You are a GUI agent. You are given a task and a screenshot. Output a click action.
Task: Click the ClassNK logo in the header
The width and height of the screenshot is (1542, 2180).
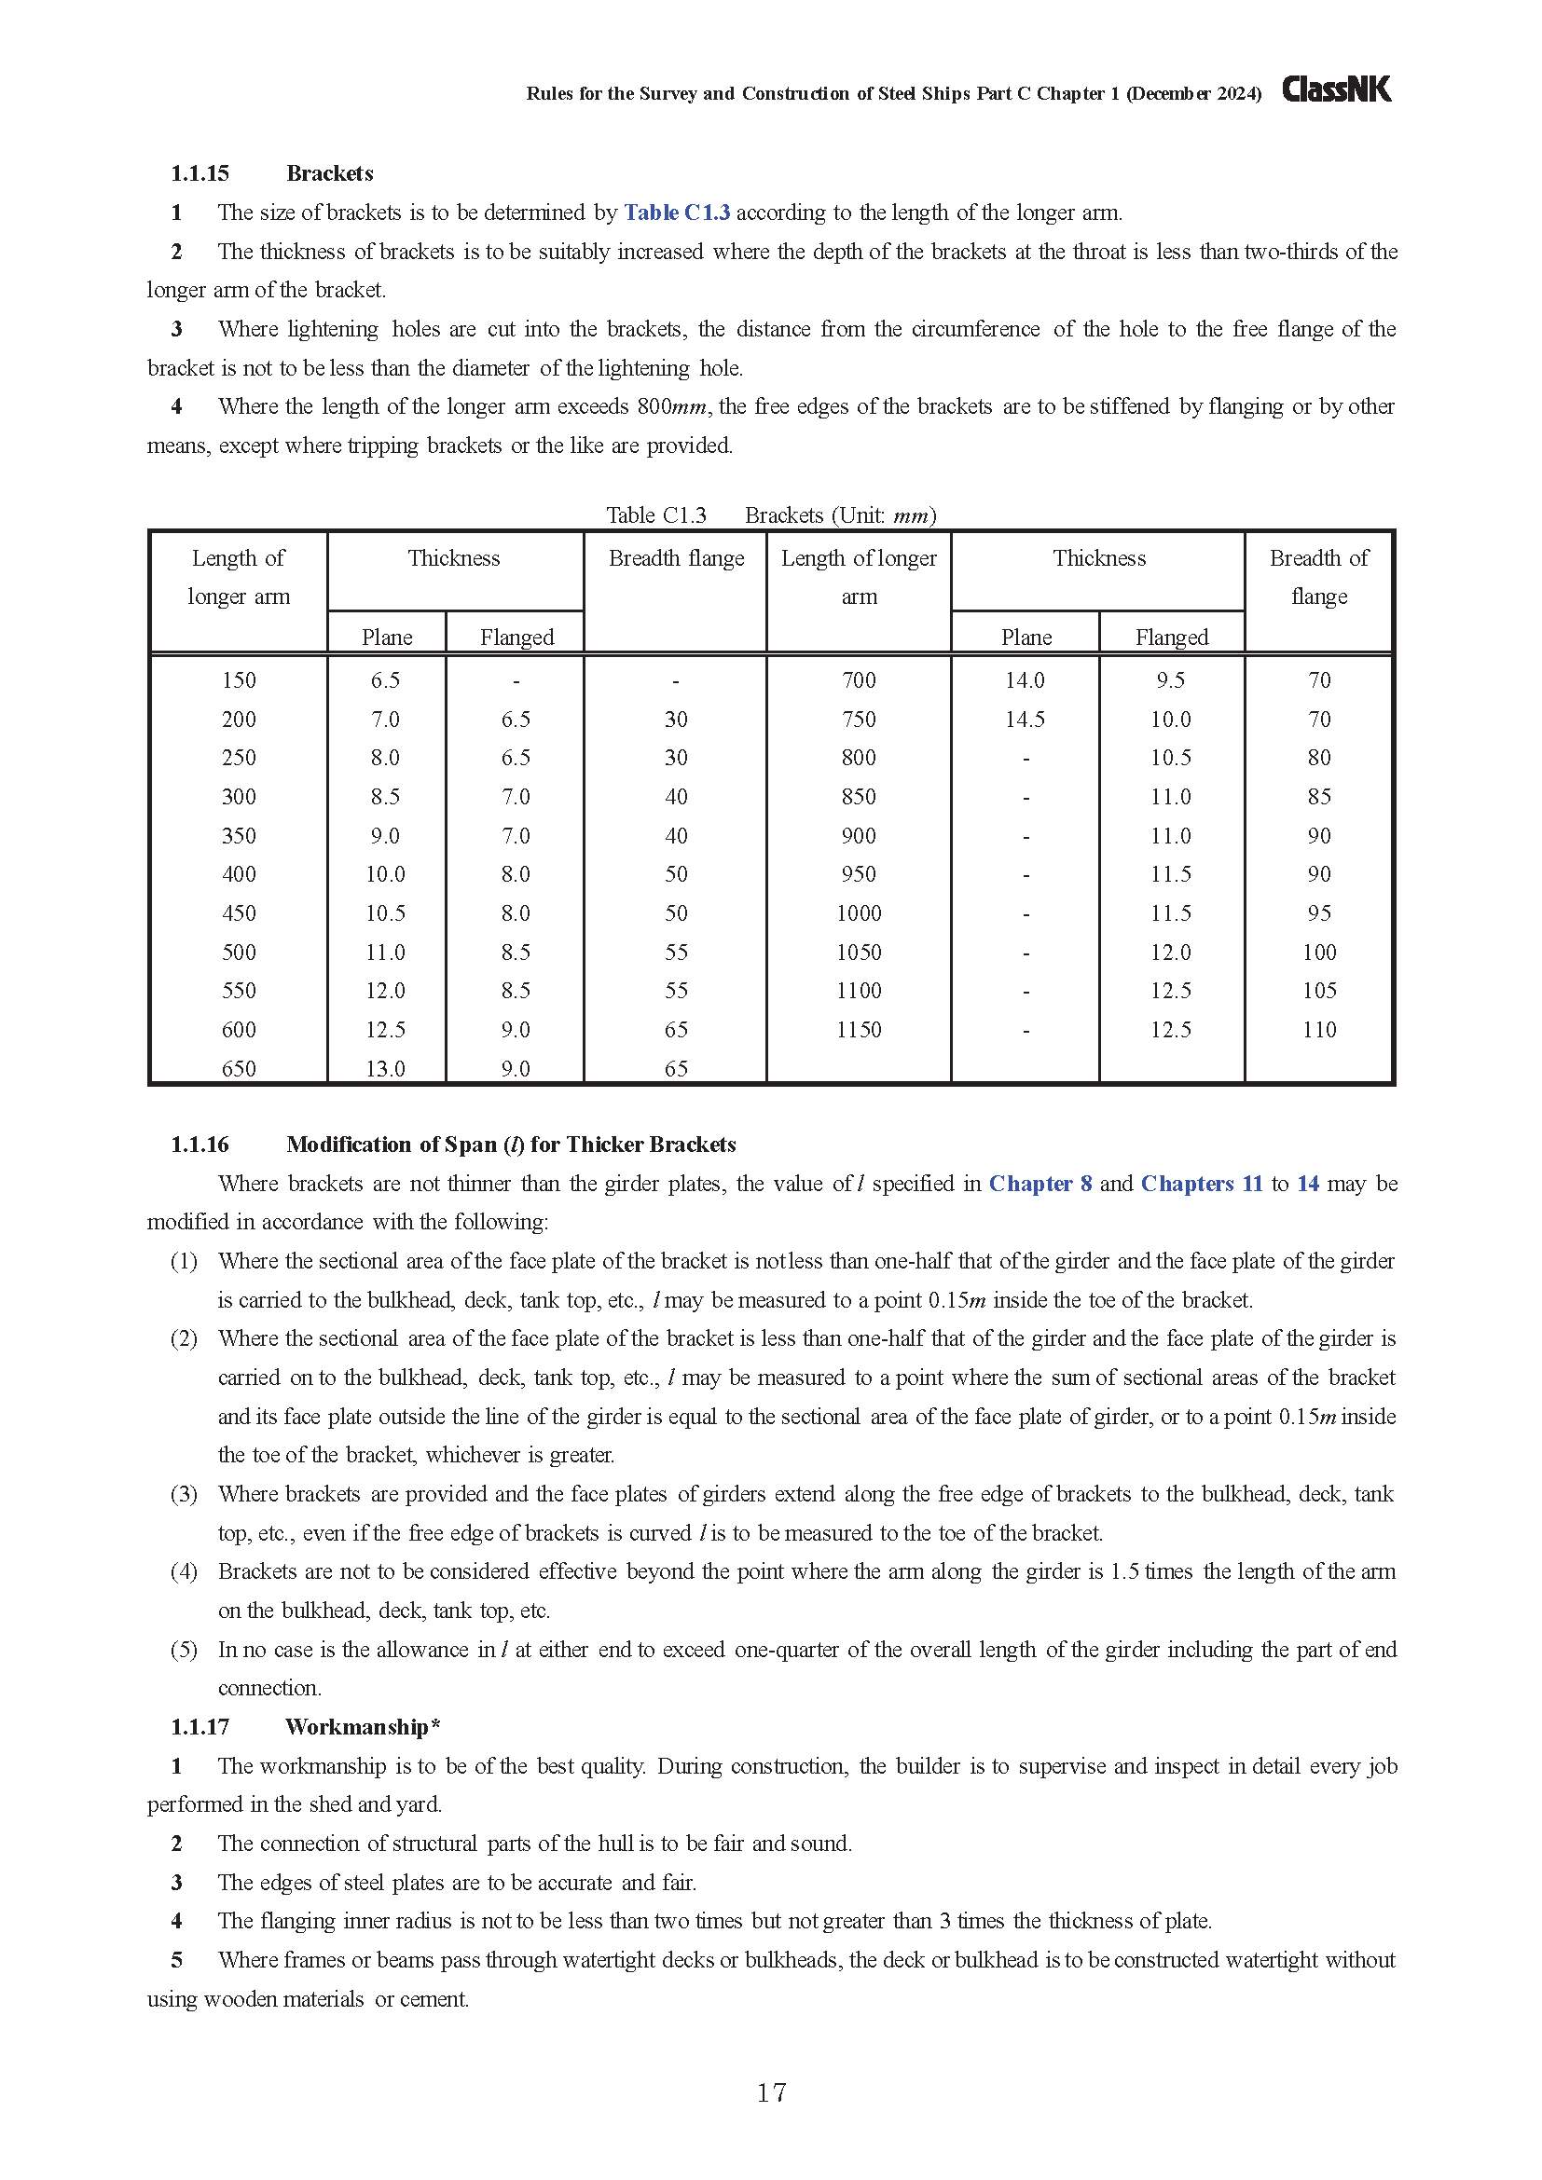point(1336,89)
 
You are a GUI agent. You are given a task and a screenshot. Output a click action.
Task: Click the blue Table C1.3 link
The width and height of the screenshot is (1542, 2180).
point(676,213)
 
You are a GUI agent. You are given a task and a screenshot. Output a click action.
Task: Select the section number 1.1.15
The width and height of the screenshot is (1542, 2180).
point(200,173)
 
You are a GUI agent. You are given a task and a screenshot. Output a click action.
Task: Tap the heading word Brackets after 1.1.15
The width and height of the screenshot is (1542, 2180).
point(329,173)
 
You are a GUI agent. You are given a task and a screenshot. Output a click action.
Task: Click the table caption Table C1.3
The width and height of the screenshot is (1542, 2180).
point(656,515)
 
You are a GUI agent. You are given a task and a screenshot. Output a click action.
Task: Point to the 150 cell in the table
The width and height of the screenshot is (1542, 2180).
point(239,680)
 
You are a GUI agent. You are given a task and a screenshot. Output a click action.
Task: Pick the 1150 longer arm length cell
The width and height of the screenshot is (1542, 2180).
point(859,1030)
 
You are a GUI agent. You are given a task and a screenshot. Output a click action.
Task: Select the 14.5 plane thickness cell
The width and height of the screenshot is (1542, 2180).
point(1025,720)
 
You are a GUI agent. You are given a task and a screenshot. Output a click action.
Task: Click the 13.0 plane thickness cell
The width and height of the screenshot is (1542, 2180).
point(386,1069)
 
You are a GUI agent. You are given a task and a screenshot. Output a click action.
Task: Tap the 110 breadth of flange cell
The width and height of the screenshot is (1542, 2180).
point(1319,1030)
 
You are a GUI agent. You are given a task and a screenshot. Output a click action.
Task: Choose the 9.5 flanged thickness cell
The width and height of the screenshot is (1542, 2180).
point(1171,680)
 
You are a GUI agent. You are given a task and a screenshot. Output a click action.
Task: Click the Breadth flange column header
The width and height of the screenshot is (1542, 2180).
point(676,558)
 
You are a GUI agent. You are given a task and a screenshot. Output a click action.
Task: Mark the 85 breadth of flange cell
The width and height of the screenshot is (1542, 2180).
point(1319,797)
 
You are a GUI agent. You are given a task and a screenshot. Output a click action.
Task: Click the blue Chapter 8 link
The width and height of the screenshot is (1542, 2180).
point(1039,1184)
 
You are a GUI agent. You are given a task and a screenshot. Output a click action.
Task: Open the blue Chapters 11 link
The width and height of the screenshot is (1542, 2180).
point(1201,1184)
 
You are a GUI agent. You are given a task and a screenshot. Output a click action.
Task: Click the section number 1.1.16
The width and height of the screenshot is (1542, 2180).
point(200,1145)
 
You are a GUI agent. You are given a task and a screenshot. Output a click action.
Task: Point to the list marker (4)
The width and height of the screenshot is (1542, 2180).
point(184,1571)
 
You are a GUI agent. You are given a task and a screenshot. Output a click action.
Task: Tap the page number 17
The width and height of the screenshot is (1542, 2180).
point(771,2092)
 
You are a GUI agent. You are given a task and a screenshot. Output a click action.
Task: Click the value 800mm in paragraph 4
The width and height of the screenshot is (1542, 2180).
point(671,407)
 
